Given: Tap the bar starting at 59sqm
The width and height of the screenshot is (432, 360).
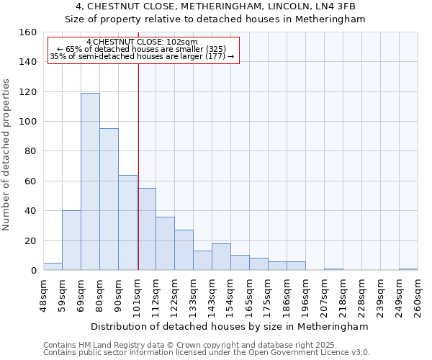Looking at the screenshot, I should click(x=71, y=240).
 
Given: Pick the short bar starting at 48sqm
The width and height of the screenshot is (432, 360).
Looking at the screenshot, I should click(x=53, y=266).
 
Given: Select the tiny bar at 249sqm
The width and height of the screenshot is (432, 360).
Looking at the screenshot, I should click(x=408, y=269).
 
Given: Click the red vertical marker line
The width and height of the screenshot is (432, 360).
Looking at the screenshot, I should click(x=138, y=158).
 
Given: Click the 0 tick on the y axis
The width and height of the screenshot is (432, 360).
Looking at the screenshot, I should click(x=33, y=270).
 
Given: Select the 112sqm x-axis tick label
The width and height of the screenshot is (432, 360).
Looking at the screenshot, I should click(x=156, y=294).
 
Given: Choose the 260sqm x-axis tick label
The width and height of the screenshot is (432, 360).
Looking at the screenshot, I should click(x=418, y=294).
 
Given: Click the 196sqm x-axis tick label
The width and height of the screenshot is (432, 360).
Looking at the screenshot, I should click(x=305, y=294).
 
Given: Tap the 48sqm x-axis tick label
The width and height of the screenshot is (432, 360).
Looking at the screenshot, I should click(x=43, y=294).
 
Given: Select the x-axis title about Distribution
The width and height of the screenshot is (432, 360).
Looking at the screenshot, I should click(x=230, y=326).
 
